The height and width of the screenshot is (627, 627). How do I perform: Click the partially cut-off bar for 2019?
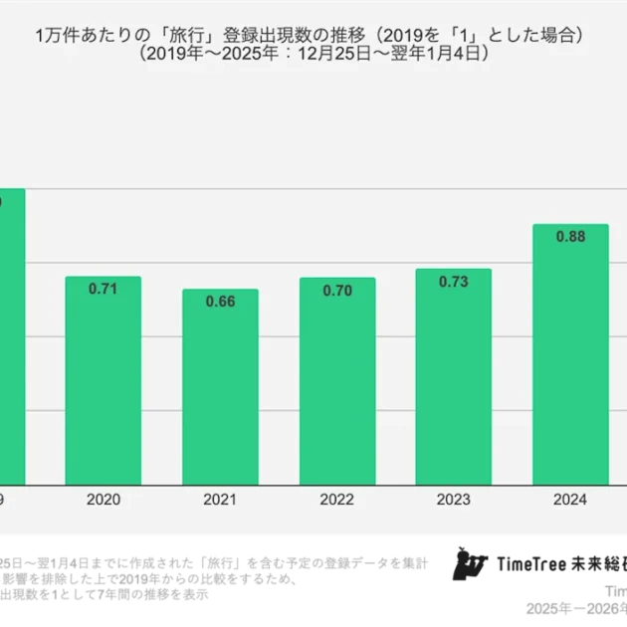point(11,338)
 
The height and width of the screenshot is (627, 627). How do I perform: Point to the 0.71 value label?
point(103,290)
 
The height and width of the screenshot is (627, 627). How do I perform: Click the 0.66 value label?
point(220,302)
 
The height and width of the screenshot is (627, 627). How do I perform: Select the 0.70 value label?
point(336,291)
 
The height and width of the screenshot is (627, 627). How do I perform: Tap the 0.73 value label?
point(453,282)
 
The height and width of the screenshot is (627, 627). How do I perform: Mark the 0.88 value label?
point(570,237)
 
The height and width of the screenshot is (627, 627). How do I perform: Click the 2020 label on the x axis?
point(103,499)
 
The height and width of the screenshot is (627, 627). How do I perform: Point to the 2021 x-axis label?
point(220,499)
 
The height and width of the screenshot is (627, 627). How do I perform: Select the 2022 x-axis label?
point(336,499)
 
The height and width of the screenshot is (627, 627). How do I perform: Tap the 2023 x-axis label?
point(453,499)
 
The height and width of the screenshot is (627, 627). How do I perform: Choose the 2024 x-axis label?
point(570,499)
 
